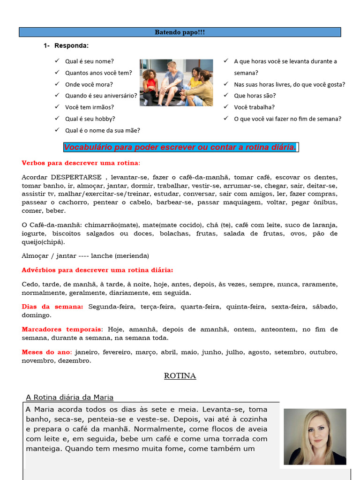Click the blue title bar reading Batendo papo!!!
coord(180,32)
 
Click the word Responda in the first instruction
coord(71,46)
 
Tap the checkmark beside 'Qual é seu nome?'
coord(57,60)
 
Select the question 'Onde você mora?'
coord(89,84)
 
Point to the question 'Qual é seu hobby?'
coord(90,119)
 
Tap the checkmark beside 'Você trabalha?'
coord(226,107)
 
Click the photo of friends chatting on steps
coord(176,82)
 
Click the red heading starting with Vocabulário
coord(180,148)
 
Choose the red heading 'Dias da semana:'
coord(52,307)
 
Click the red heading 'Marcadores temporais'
coord(61,330)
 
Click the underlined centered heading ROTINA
coord(180,376)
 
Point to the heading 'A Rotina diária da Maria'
coord(70,397)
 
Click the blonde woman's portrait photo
coord(315,437)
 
